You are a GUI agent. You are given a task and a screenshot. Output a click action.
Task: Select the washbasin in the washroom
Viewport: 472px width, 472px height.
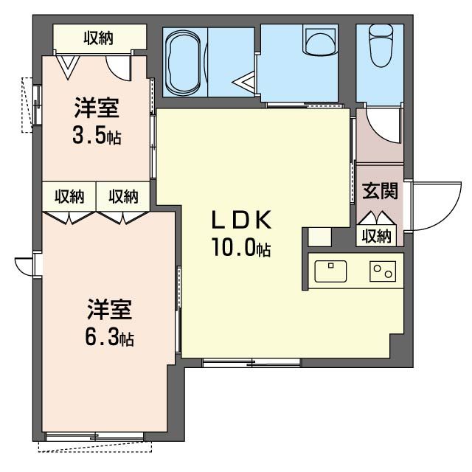(x=320, y=41)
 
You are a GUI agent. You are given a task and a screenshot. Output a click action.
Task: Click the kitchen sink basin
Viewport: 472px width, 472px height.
(x=330, y=271)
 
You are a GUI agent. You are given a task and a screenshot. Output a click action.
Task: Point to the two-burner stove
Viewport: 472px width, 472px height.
(x=383, y=271)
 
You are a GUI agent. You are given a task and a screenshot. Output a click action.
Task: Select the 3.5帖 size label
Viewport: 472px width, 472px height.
(x=97, y=137)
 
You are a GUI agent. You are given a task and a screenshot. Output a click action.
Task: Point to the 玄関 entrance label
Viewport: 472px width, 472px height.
(x=380, y=191)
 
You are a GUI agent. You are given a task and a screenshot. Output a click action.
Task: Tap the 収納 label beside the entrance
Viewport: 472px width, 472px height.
(x=377, y=236)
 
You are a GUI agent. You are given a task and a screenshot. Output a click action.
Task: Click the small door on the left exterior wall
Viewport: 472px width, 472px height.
(x=24, y=265)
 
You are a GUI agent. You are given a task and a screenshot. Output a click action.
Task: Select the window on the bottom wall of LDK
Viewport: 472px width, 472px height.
(x=251, y=362)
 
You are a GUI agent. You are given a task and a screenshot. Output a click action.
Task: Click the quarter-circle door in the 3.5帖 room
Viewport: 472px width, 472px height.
(x=118, y=69)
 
